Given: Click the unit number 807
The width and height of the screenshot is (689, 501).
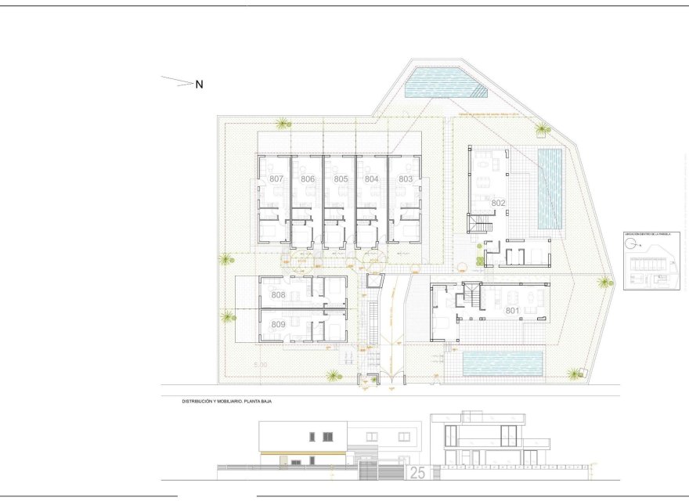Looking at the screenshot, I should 276,178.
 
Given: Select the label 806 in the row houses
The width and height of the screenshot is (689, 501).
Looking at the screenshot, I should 308,178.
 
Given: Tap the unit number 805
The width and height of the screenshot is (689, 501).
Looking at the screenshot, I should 341,178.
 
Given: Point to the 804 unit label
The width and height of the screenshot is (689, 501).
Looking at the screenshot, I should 372,178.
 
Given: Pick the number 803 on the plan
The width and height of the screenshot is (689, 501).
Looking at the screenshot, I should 406,178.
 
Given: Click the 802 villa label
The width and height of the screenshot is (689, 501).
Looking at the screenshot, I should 499,203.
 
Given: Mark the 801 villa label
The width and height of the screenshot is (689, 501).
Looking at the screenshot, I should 512,311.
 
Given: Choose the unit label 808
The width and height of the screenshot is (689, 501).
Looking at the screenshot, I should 278,295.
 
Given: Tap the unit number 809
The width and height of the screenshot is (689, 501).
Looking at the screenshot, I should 278,324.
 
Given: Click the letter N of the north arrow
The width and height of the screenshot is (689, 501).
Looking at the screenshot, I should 199,85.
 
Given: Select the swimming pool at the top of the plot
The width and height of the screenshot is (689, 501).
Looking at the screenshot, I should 440,82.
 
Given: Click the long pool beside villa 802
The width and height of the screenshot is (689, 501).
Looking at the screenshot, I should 550,188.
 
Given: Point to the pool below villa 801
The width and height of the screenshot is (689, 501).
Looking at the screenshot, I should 503,363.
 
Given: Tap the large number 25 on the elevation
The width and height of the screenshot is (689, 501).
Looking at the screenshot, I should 417,473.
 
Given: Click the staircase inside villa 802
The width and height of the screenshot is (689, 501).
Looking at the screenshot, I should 478,225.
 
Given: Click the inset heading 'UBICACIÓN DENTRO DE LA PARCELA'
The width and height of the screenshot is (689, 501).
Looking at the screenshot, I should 646,233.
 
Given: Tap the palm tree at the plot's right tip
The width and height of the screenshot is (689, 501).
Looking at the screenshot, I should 604,282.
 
